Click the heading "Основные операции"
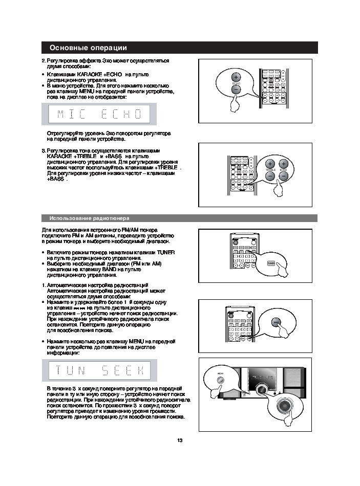88,48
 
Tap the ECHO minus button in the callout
236,90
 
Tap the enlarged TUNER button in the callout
271,262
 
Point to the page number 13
180,440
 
